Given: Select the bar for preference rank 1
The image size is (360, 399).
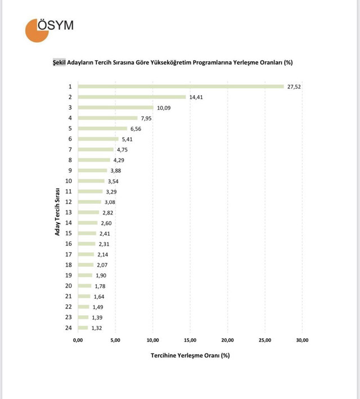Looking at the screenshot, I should point(181,86).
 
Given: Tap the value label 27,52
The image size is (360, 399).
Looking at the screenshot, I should point(294,87).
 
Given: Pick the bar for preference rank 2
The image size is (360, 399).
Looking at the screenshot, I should point(132,97).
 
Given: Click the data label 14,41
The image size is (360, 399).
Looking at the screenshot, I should point(196,97).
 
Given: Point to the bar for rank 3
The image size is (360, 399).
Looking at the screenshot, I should point(115,107).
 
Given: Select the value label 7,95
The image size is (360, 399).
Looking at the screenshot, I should point(147,118).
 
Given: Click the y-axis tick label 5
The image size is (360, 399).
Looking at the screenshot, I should point(70,128).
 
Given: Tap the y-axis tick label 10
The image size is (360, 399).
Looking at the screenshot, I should point(69,181).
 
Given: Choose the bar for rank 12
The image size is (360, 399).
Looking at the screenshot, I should point(89,202).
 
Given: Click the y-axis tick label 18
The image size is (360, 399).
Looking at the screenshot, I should point(69,265).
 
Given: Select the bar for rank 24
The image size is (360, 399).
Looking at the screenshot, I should point(83,328).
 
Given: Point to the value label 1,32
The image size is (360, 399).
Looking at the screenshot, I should point(97,328).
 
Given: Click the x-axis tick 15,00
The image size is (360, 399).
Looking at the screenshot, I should point(190,340).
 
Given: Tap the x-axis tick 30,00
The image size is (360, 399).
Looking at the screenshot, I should point(301,340).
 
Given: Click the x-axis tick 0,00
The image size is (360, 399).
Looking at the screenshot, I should point(78,340).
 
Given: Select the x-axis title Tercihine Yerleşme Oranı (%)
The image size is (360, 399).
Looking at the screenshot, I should point(190,356).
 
